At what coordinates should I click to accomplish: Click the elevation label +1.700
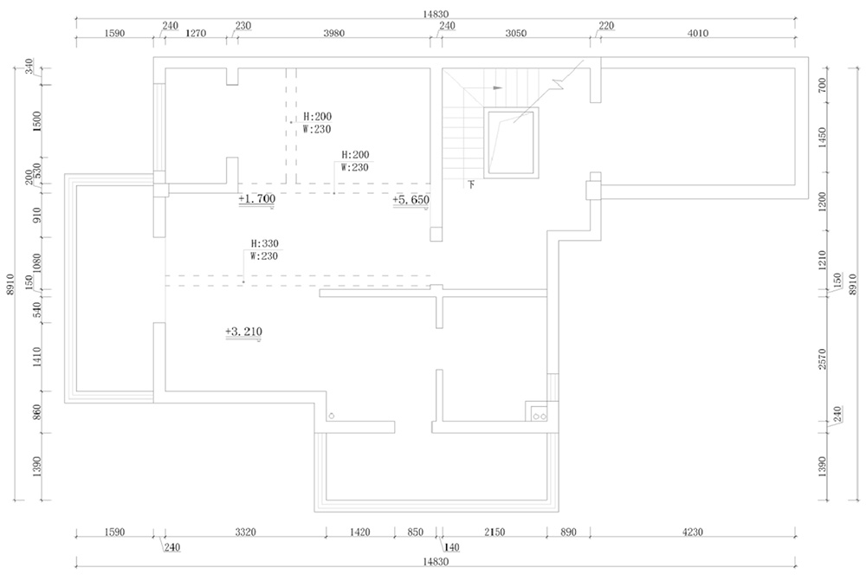coord(257,199)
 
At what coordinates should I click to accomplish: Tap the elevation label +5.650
coord(410,199)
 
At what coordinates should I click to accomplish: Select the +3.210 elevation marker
coord(243,332)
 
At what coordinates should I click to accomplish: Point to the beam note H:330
coord(264,243)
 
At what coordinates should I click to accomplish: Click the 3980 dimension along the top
coord(333,33)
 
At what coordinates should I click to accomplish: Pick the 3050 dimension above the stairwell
coord(516,33)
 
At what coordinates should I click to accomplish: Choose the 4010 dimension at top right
coord(697,33)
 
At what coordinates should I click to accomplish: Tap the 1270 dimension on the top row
coord(196,33)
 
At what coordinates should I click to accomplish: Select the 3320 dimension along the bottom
coord(245,532)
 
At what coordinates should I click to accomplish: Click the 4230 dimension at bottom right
coord(693,532)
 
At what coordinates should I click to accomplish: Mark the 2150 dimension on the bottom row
coord(494,532)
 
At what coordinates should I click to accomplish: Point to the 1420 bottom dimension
coord(359,532)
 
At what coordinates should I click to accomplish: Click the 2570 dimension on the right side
coord(823,359)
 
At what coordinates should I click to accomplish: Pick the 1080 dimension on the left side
coord(37,263)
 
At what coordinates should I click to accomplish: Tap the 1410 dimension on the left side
coord(37,358)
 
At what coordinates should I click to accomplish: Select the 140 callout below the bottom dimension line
coord(452,547)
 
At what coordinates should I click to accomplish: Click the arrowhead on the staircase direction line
coord(498,87)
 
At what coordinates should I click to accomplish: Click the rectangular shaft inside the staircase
coord(512,143)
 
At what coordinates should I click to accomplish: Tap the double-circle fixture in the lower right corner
coord(540,416)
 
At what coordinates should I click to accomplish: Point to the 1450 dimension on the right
coord(823,137)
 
